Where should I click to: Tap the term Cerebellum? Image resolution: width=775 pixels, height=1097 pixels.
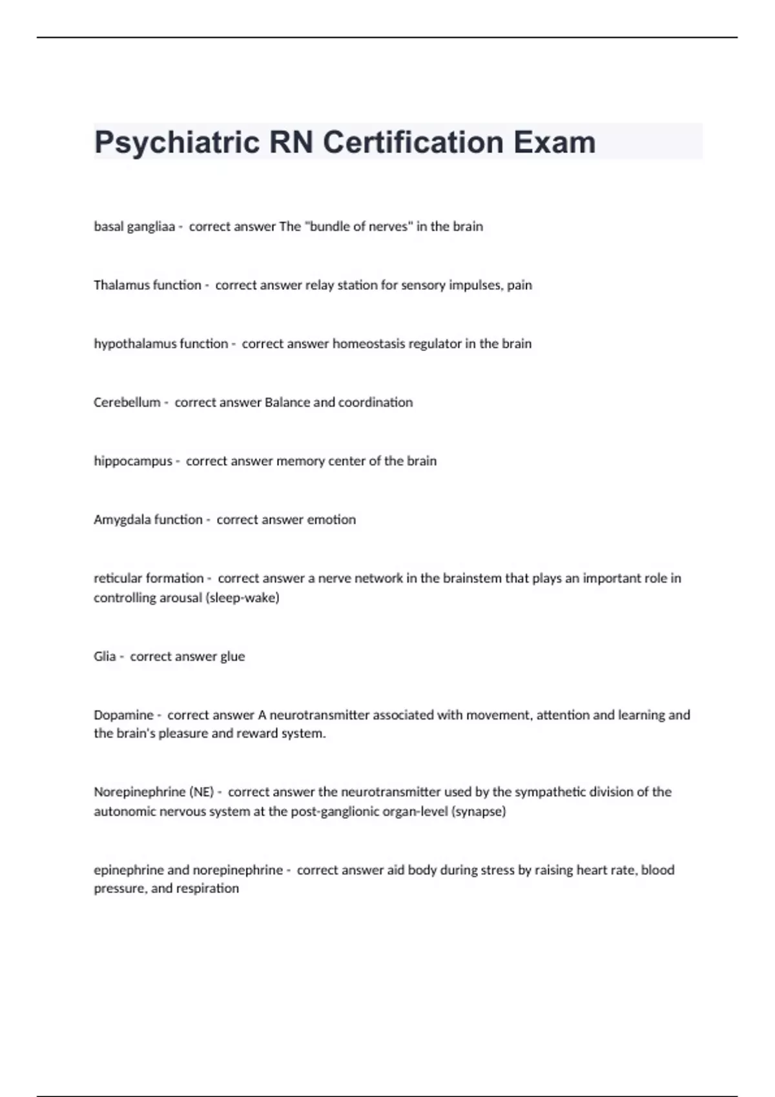coord(127,403)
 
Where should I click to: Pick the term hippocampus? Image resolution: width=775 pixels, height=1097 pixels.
coord(133,461)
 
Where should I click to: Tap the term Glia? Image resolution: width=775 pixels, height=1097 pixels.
coord(105,656)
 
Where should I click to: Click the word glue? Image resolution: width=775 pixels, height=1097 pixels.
coord(232,656)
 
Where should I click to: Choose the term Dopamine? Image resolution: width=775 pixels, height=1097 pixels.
coord(123,715)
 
